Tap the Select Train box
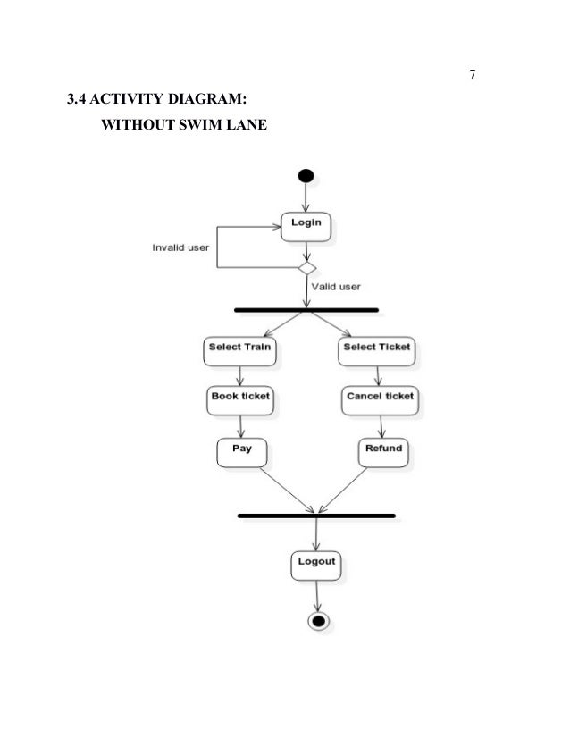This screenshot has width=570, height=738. point(240,349)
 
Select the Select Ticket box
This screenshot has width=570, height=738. point(378,349)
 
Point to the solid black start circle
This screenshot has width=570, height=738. point(306,175)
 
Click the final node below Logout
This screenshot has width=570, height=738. point(317,620)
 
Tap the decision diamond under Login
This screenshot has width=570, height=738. point(306,267)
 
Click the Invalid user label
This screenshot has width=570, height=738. point(180,247)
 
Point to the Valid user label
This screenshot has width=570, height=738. point(336,287)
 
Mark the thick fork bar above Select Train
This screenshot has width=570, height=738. point(306,310)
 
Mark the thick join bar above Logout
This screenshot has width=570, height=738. point(316,516)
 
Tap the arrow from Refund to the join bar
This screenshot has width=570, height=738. point(350,488)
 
